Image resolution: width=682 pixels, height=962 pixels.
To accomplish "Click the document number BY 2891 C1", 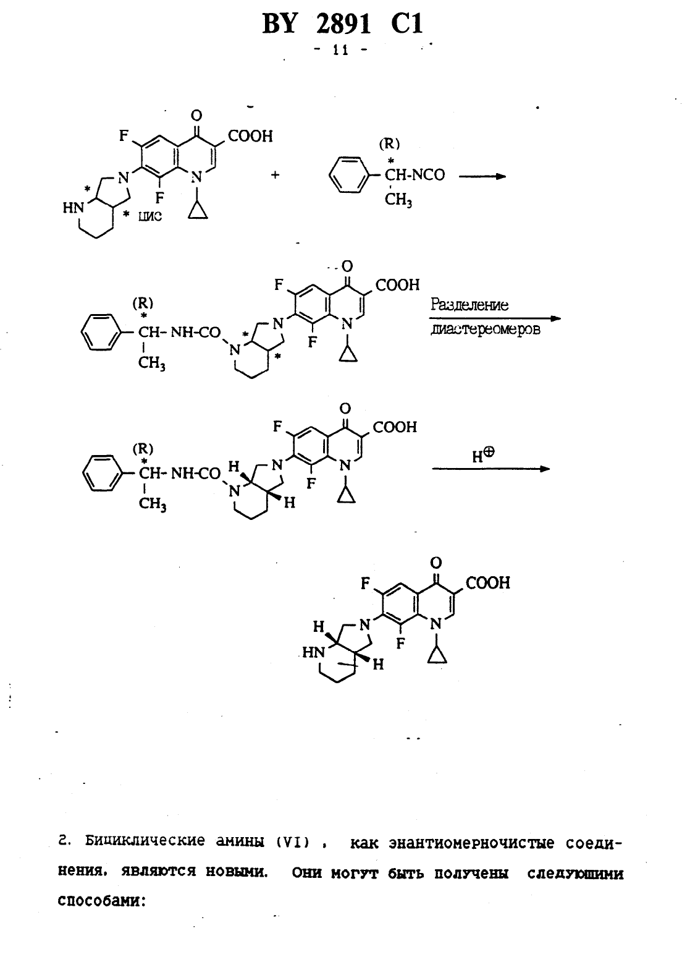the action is pyautogui.click(x=342, y=23).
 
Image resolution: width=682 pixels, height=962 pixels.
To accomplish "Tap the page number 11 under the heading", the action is pyautogui.click(x=340, y=50).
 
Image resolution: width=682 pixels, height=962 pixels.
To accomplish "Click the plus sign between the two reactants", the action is pyautogui.click(x=275, y=175).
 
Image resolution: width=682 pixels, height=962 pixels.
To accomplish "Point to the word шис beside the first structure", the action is pyautogui.click(x=149, y=216).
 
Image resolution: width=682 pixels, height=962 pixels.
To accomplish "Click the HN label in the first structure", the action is pyautogui.click(x=74, y=208).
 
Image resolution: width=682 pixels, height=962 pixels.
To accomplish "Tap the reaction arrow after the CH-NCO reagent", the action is pyautogui.click(x=482, y=176).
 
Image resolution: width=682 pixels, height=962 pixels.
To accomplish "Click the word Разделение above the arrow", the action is pyautogui.click(x=469, y=305).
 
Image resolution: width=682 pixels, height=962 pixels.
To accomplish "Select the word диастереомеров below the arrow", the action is pyautogui.click(x=485, y=330).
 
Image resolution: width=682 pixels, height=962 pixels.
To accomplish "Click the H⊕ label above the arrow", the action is pyautogui.click(x=483, y=455).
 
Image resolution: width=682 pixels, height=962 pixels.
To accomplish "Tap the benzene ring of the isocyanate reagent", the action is pyautogui.click(x=349, y=175).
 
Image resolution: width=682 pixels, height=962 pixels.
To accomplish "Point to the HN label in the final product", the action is pyautogui.click(x=314, y=652).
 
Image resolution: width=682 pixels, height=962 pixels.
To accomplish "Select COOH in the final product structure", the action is pyautogui.click(x=488, y=583).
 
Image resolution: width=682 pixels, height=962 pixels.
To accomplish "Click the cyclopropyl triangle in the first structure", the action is pyautogui.click(x=198, y=211).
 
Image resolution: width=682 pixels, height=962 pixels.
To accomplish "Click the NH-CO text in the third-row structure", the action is pyautogui.click(x=196, y=474).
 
